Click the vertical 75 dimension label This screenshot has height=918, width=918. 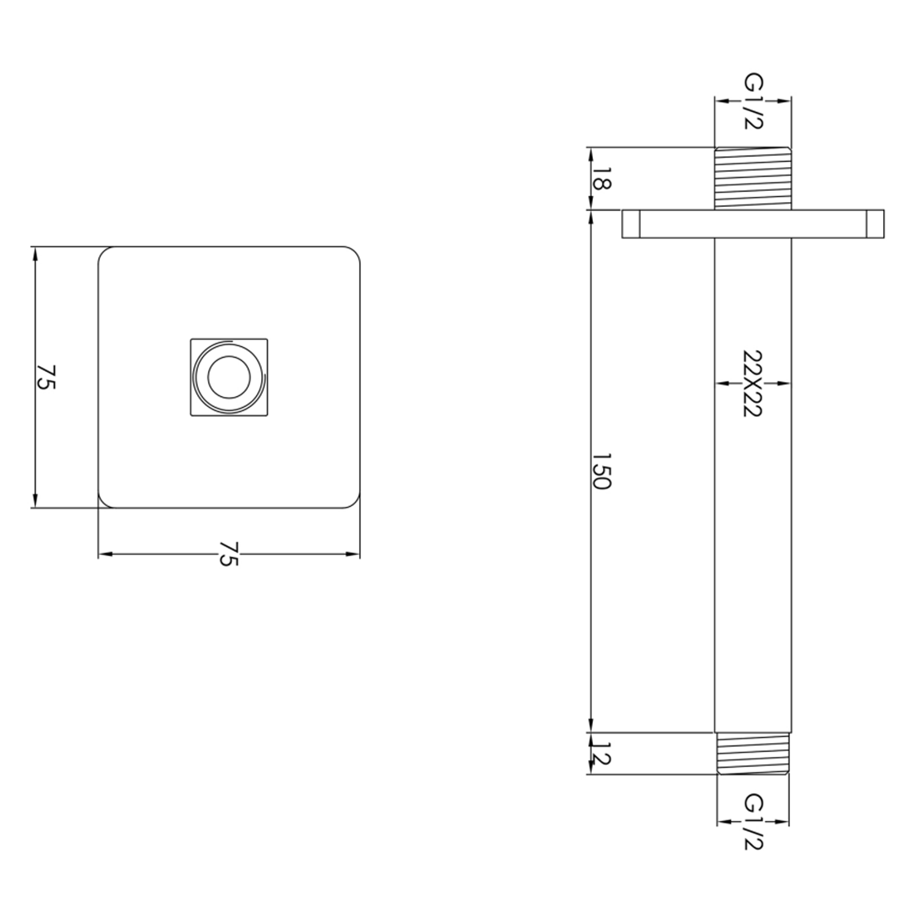click(x=47, y=377)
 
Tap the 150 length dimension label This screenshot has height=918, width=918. click(x=602, y=471)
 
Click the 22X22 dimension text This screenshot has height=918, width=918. click(x=752, y=384)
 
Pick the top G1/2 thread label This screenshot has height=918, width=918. click(x=752, y=102)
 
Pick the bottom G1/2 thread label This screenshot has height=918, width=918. click(x=752, y=822)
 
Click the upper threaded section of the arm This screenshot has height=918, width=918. click(x=753, y=178)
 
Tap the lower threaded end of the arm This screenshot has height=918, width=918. click(x=753, y=754)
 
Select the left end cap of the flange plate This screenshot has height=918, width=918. click(x=631, y=224)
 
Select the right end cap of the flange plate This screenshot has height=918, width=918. click(x=875, y=224)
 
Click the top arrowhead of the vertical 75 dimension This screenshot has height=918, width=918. click(x=35, y=252)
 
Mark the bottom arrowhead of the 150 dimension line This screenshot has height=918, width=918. click(x=591, y=726)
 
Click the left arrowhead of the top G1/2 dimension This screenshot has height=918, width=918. click(x=721, y=102)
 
